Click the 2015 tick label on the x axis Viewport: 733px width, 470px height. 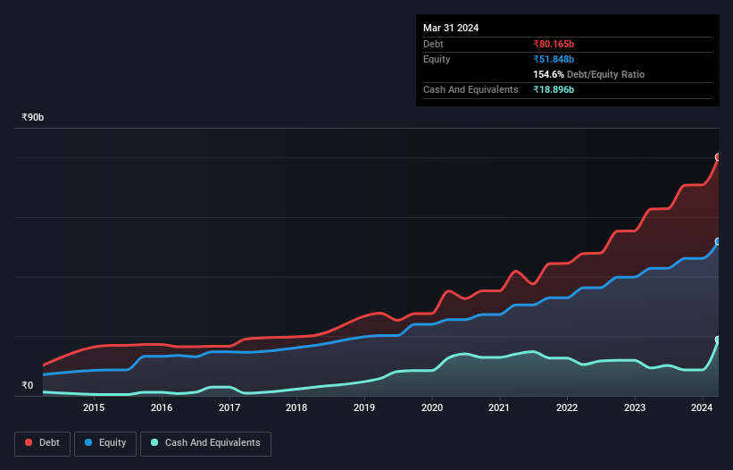click(94, 408)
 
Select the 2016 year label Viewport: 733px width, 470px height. click(162, 408)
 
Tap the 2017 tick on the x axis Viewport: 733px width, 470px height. click(229, 408)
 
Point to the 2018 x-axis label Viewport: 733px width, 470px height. click(296, 408)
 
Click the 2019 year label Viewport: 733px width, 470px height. click(364, 408)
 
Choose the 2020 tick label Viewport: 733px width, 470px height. click(432, 408)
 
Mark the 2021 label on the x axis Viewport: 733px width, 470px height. click(500, 408)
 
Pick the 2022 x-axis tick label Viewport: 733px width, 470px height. click(567, 408)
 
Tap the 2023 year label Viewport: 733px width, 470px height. click(635, 408)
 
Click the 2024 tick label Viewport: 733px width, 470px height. click(703, 408)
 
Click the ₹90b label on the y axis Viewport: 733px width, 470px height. click(33, 118)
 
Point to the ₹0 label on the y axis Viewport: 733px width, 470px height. click(28, 386)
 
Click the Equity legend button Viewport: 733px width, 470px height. click(105, 443)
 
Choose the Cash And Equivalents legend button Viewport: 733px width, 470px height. click(205, 443)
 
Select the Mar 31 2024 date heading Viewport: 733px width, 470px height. click(451, 28)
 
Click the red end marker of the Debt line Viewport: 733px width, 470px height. click(718, 157)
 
